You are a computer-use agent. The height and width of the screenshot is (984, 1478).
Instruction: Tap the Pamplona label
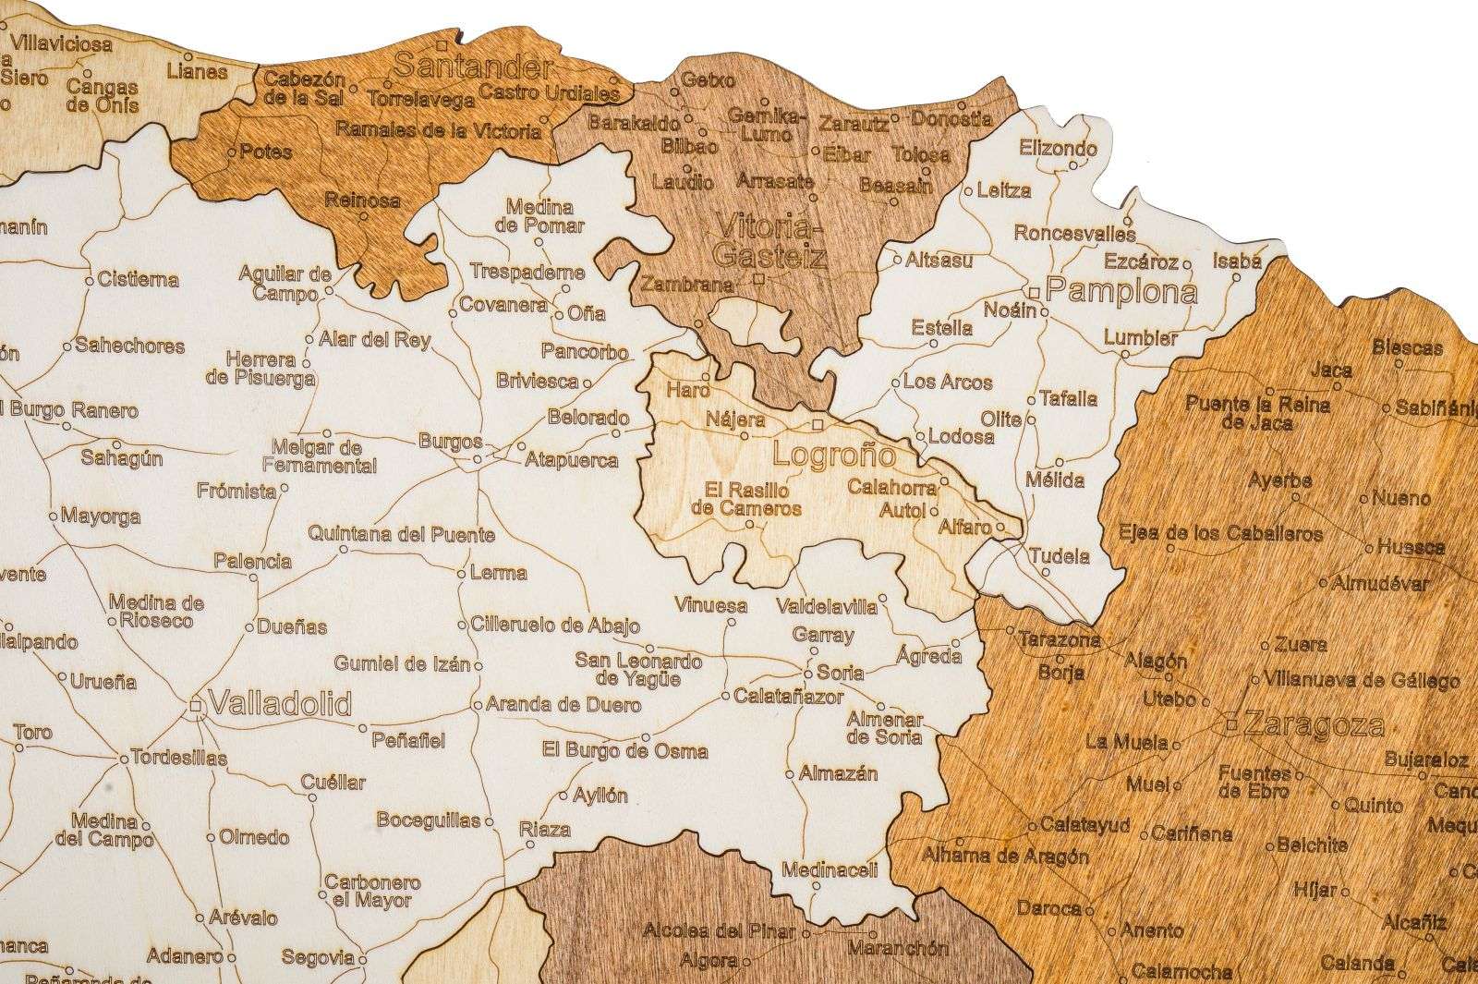coord(1121,293)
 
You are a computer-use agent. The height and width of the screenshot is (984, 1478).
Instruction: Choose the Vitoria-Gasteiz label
coord(769,240)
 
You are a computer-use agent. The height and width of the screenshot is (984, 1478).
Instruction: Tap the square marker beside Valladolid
coord(196,706)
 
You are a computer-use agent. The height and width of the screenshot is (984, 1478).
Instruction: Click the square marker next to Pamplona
coord(1035,292)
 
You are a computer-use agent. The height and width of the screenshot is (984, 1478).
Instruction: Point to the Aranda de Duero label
coord(563,705)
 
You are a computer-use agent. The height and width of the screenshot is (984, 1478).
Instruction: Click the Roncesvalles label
coord(1073,233)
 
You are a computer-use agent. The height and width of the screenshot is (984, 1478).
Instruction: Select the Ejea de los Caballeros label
coord(1219,534)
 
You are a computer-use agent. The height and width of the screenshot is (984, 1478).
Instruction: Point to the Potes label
coord(265,152)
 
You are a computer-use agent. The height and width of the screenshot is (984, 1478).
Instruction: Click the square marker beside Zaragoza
coord(1231,725)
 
